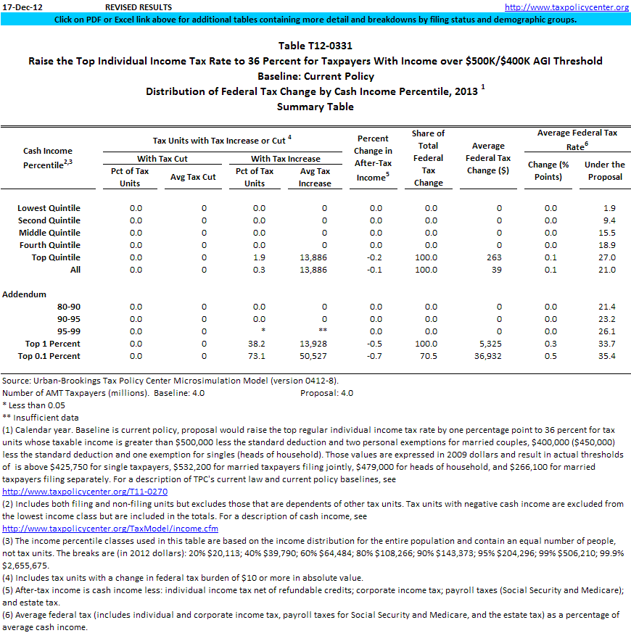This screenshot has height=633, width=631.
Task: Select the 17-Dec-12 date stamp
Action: pyautogui.click(x=22, y=7)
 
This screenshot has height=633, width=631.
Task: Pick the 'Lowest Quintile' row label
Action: pyautogui.click(x=49, y=208)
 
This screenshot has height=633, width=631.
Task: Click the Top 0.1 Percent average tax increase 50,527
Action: pyautogui.click(x=313, y=356)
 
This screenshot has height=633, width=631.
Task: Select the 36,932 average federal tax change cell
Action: pyautogui.click(x=488, y=356)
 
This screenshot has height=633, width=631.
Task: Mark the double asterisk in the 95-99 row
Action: pyautogui.click(x=323, y=331)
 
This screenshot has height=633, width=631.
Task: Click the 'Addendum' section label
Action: pyautogui.click(x=25, y=294)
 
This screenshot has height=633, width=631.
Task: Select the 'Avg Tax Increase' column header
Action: pyautogui.click(x=314, y=177)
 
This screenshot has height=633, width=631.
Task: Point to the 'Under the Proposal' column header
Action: pyautogui.click(x=604, y=170)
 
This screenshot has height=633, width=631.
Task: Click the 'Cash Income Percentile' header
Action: pyautogui.click(x=48, y=157)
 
